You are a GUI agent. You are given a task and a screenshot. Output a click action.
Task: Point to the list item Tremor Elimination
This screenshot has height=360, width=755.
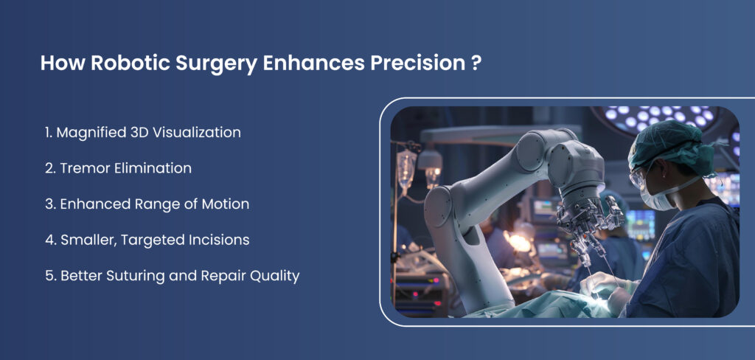(119, 168)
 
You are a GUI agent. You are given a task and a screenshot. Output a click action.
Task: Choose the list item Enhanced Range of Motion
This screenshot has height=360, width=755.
(147, 204)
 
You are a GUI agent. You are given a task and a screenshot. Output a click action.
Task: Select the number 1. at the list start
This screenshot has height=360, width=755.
(49, 133)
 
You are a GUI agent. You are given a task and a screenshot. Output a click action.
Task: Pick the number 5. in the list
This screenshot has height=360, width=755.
(51, 276)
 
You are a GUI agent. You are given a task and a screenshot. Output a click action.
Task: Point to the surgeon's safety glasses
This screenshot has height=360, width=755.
(639, 178)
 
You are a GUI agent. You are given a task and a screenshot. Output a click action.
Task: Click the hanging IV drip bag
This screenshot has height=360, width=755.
(407, 166)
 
